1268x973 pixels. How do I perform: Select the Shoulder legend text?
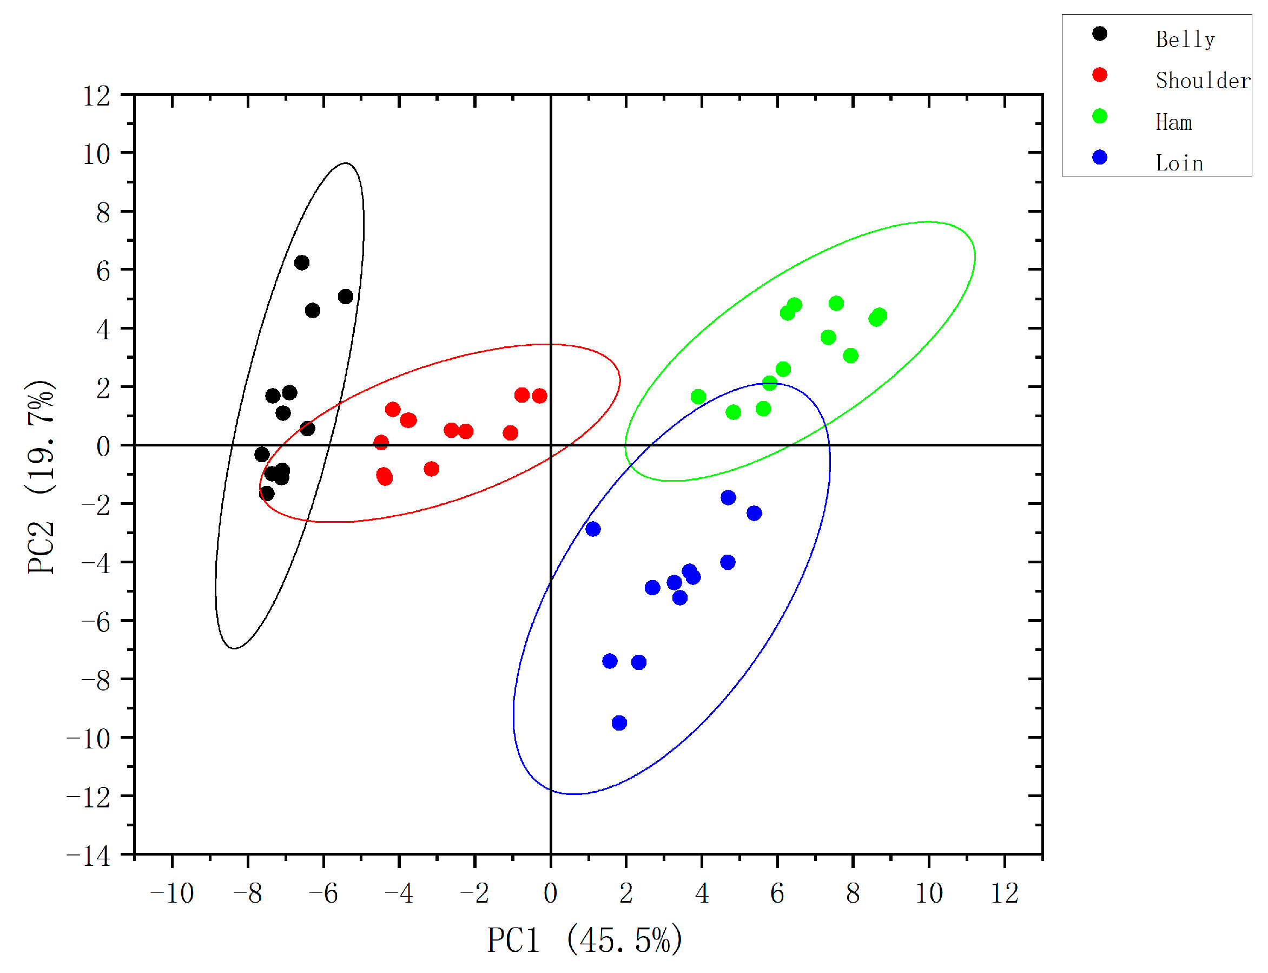click(x=1202, y=81)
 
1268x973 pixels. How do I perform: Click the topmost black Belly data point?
click(x=302, y=263)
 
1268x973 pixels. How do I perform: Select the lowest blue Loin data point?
click(x=619, y=723)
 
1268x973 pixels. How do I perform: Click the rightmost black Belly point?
click(x=346, y=297)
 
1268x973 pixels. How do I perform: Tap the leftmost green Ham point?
click(x=698, y=397)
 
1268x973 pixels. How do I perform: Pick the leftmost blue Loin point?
click(x=593, y=529)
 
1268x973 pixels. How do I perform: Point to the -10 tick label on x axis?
click(x=172, y=893)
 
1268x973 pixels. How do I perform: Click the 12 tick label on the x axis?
click(x=1005, y=893)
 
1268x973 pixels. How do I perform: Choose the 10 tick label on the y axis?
click(x=96, y=155)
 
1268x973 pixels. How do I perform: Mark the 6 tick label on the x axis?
click(x=777, y=893)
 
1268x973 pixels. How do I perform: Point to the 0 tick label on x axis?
click(x=550, y=893)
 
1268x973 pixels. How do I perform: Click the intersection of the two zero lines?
click(x=550, y=445)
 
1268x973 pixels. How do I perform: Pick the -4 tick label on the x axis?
click(x=399, y=893)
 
